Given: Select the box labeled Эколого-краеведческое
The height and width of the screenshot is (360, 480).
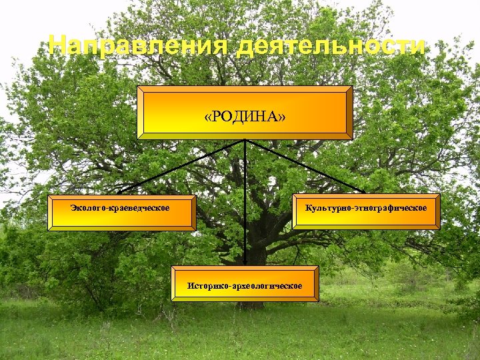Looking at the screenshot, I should tap(123, 212).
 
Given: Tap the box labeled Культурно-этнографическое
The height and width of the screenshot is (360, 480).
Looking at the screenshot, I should tap(366, 212).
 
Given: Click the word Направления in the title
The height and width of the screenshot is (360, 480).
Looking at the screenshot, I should tap(139, 46).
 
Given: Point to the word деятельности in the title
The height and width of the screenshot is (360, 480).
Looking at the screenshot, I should tap(331, 46).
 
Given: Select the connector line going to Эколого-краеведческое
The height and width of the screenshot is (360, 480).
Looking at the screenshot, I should tap(180, 166).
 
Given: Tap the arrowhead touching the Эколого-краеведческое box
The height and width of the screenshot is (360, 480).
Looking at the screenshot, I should tap(121, 191).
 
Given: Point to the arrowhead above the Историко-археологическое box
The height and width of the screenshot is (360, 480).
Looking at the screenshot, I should tap(245, 263).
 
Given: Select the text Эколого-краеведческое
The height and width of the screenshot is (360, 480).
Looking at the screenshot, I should tap(120, 209).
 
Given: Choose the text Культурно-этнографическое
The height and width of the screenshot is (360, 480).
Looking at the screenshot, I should tap(366, 209).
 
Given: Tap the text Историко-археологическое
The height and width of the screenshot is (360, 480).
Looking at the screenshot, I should tap(245, 286).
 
